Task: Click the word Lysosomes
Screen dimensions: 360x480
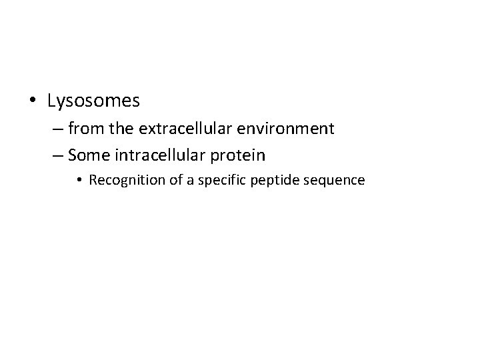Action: point(93,101)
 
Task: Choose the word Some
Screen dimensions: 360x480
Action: point(86,156)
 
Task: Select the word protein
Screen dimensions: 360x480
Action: point(239,156)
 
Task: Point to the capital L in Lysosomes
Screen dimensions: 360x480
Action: point(51,101)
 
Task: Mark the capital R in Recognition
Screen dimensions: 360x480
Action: point(92,181)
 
